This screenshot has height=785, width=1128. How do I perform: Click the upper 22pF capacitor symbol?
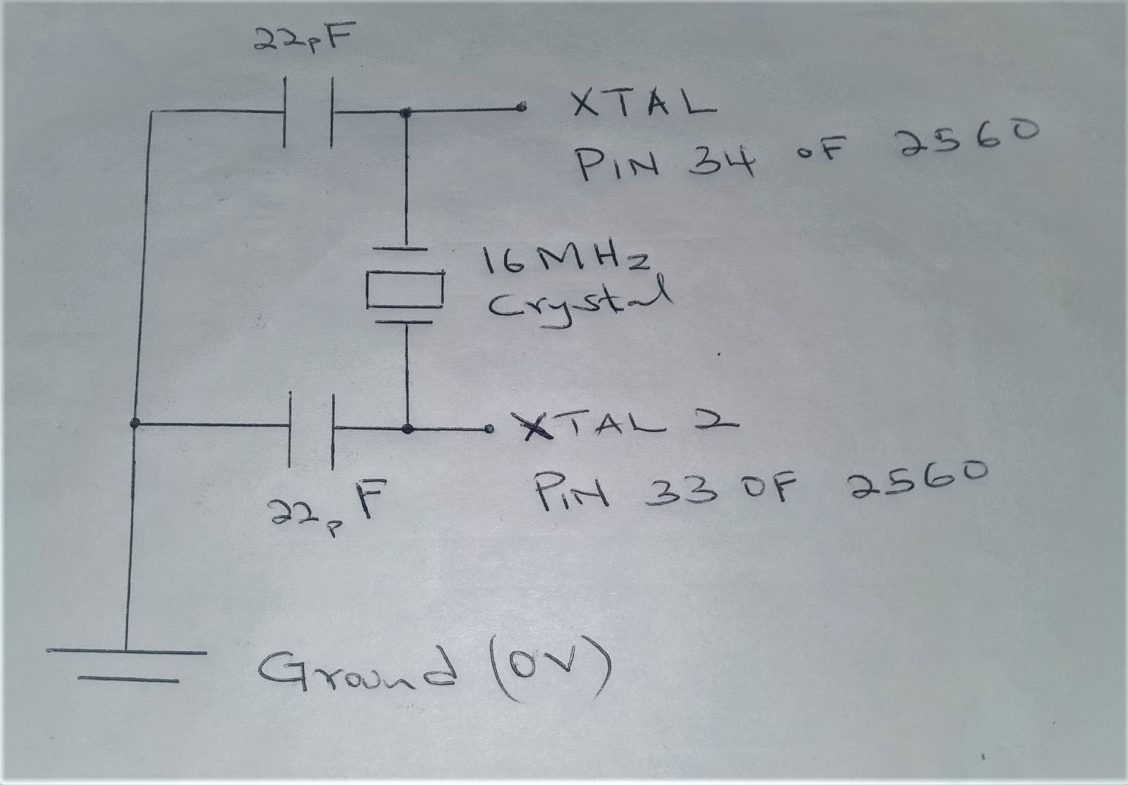(308, 112)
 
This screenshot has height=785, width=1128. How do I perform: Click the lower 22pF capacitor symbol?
(312, 428)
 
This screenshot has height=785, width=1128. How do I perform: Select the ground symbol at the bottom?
(127, 666)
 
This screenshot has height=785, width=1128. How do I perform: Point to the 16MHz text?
(565, 262)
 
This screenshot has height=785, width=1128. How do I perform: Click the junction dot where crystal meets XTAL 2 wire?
(407, 428)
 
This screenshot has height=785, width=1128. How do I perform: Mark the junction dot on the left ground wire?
(134, 423)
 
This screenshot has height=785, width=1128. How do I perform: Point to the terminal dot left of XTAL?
(521, 108)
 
